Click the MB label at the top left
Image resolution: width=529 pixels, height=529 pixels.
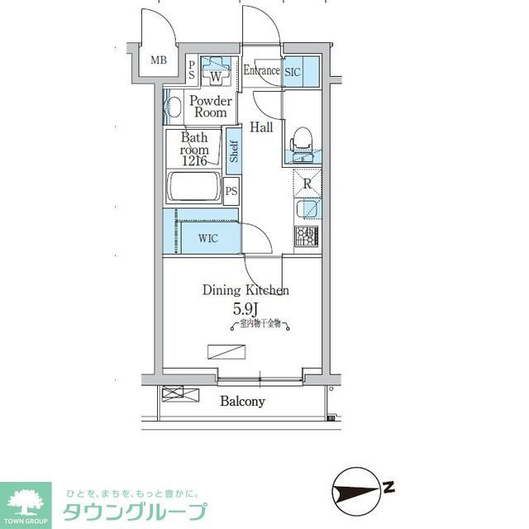click(158, 60)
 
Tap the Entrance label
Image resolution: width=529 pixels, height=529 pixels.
click(260, 70)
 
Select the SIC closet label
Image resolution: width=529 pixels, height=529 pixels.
click(293, 72)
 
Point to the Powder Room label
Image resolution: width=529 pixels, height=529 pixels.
click(210, 107)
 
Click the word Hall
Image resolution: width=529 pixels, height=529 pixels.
click(262, 126)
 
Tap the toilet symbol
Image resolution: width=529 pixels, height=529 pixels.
click(300, 141)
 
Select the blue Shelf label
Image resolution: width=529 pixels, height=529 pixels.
click(235, 150)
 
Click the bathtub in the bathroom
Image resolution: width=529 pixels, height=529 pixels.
click(194, 187)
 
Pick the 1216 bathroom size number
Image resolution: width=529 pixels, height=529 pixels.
click(196, 161)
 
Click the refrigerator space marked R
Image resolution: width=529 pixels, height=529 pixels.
click(306, 184)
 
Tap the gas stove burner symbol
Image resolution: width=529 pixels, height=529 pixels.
click(306, 236)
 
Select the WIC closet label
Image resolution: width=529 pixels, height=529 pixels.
click(207, 239)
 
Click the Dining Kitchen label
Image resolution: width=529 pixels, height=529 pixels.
click(245, 290)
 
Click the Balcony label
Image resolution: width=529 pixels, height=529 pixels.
click(242, 402)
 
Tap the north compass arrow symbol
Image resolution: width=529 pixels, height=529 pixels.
click(361, 488)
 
